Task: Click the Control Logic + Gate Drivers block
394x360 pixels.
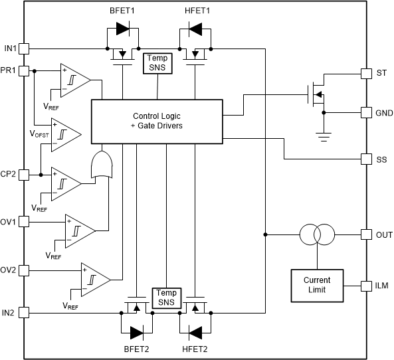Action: pos(157,120)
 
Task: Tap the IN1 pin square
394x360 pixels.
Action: pos(24,48)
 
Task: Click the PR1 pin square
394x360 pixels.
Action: pos(24,70)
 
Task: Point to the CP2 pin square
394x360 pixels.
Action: pos(24,175)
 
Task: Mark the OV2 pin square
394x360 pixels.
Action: pos(24,270)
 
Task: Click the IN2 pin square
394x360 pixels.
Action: pos(24,312)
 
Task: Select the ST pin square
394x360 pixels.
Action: pos(365,72)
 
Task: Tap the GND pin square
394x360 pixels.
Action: pos(365,112)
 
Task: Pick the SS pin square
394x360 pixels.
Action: pos(365,159)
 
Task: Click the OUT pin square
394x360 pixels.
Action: pos(365,234)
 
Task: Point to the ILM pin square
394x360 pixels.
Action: pos(365,286)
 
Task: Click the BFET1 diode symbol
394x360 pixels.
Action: pos(123,29)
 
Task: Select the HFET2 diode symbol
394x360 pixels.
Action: pos(194,331)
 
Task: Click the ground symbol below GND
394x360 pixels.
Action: pos(324,137)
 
